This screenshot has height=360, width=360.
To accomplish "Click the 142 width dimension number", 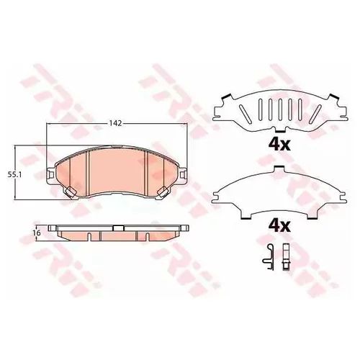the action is tap(116, 123).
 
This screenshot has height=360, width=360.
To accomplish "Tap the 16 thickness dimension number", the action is tap(37, 233).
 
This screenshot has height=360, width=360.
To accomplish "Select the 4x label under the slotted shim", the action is tap(279, 145).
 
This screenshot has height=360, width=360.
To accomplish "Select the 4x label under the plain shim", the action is tap(279, 226).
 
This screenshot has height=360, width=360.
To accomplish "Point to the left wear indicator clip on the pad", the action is tap(71, 192).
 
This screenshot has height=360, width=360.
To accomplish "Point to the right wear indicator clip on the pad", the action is tap(163, 192).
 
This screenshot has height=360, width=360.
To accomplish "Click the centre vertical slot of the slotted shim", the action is tap(280, 109).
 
